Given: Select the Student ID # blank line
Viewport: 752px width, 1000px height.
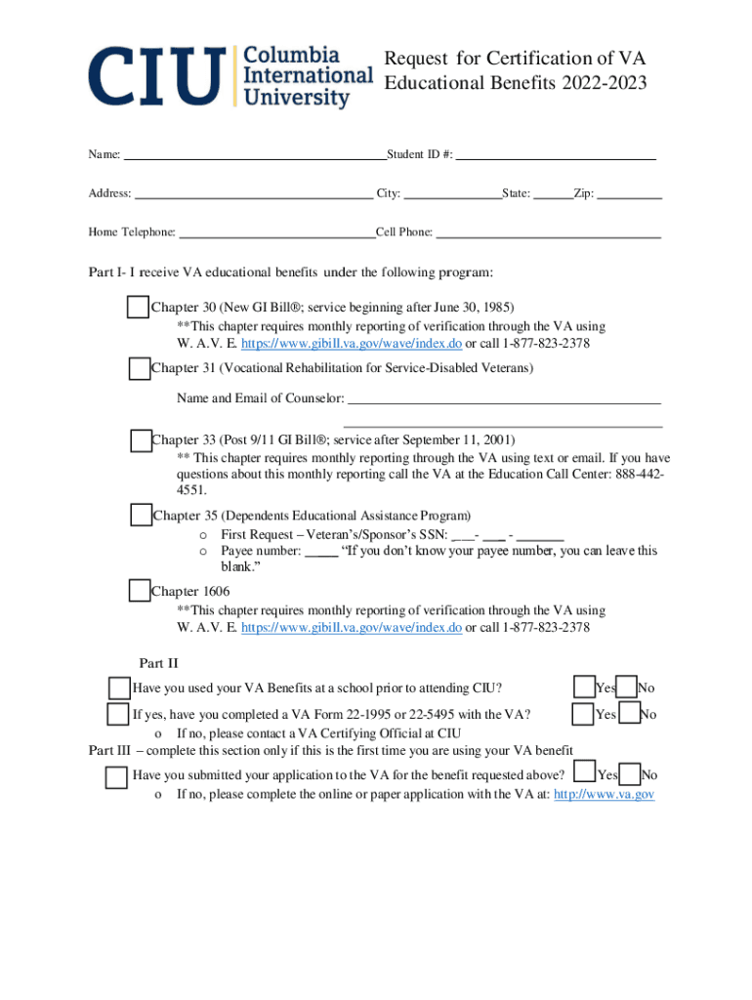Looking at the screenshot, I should [556, 154].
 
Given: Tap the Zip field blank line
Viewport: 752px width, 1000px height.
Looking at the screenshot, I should [629, 194].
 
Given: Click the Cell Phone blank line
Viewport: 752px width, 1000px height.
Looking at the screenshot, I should [548, 232].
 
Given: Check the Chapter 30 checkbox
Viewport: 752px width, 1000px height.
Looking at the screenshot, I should [138, 307].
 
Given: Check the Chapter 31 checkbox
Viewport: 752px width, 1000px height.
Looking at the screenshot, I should [140, 368].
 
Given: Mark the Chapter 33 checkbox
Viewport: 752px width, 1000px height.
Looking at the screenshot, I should [141, 440].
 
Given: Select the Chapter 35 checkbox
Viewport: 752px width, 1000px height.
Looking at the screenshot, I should [141, 515].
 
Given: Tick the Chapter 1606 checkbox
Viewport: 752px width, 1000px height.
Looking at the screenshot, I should [140, 591].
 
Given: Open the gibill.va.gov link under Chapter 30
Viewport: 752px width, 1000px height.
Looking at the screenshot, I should [351, 344].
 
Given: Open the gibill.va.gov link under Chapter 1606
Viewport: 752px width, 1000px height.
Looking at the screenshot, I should [351, 628].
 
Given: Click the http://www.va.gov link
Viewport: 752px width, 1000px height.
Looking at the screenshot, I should [604, 794].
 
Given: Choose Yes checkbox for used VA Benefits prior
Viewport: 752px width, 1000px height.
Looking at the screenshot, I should [584, 687].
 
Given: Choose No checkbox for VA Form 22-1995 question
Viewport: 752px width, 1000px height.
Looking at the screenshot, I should [629, 714].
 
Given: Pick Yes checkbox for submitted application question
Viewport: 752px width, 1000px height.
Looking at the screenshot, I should [586, 773].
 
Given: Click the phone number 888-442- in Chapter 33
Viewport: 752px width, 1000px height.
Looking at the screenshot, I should [642, 474].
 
